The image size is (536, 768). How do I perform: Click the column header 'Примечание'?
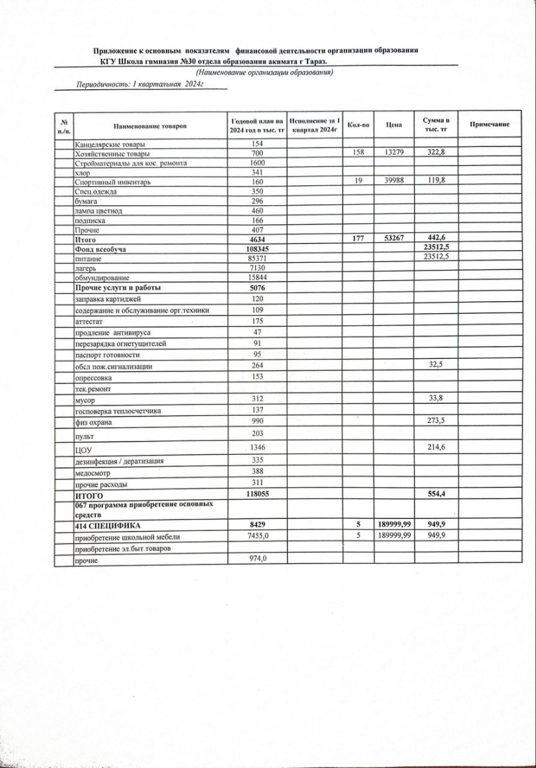(x=490, y=124)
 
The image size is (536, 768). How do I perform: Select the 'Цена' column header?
(x=393, y=125)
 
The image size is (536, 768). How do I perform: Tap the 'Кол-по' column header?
(x=358, y=125)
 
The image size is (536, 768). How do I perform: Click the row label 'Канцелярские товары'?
(x=110, y=144)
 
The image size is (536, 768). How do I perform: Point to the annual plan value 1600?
(x=257, y=163)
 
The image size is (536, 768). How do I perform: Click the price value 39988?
(x=393, y=181)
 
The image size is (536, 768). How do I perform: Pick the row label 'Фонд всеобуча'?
(x=100, y=249)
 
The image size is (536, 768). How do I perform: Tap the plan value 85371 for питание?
(x=257, y=259)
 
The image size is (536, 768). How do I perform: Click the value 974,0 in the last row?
(x=257, y=559)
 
